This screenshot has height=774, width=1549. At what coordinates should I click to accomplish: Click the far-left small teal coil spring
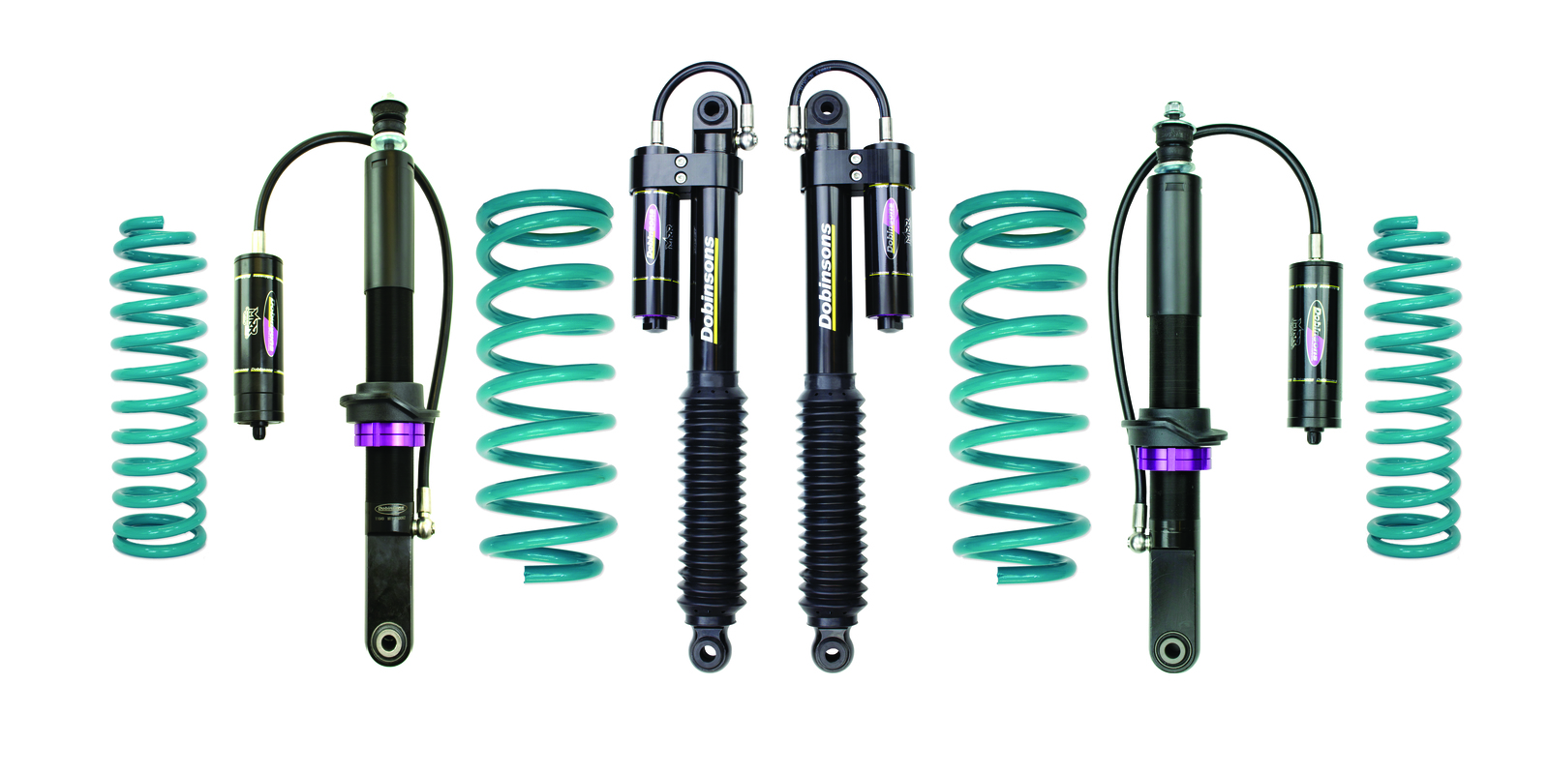158,387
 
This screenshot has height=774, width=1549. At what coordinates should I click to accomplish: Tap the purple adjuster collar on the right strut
1173,460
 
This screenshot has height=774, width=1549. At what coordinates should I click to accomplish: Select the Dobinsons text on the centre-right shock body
826,276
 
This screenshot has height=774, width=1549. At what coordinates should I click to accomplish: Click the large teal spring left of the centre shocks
545,387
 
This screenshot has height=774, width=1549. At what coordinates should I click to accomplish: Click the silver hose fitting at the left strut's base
424,526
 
